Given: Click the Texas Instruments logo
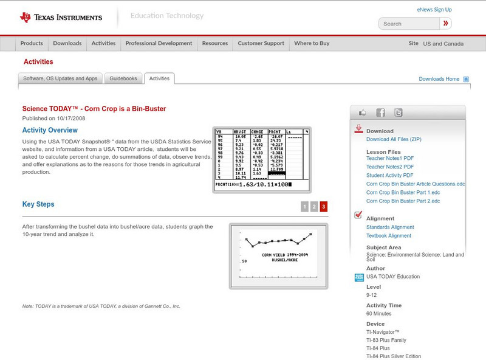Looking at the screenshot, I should (x=61, y=17).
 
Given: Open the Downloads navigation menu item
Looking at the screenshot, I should (x=67, y=44).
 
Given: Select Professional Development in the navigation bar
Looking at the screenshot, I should (x=159, y=44).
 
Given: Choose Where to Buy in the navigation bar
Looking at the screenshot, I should (x=312, y=44).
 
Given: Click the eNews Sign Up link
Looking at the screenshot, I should (x=434, y=10).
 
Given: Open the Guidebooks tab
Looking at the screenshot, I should (x=124, y=78).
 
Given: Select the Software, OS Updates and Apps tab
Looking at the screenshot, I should (x=60, y=78).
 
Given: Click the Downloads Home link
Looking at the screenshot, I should (x=439, y=79).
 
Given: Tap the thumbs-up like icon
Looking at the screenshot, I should (x=363, y=112).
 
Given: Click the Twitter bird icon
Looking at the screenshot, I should (x=398, y=112).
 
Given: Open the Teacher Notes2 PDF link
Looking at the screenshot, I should (x=390, y=167).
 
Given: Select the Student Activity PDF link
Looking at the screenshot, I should (x=390, y=175).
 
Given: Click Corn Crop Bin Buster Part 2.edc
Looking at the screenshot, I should (x=406, y=201).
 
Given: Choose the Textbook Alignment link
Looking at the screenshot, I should (x=389, y=236).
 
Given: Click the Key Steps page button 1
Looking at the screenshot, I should (x=304, y=207).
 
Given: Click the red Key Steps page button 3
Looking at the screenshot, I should (x=324, y=207).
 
